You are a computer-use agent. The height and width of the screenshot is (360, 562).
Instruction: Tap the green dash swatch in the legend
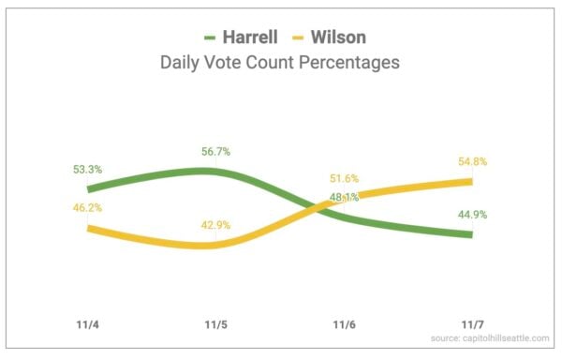(x=208, y=38)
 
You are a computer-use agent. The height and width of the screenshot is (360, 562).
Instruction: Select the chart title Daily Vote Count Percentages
(x=279, y=64)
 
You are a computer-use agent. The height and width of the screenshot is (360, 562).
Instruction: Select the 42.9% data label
(x=214, y=226)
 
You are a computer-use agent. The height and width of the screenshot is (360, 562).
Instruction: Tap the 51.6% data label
(x=346, y=178)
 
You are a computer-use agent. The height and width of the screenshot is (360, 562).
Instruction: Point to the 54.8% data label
(x=473, y=159)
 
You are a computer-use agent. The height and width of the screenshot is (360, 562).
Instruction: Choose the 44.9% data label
(x=472, y=214)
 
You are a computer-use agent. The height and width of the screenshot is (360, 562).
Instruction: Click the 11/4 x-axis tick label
(x=88, y=324)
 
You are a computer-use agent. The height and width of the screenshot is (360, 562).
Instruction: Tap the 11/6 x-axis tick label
(x=344, y=324)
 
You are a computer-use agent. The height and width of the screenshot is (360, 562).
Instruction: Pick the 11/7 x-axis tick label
(x=472, y=324)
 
